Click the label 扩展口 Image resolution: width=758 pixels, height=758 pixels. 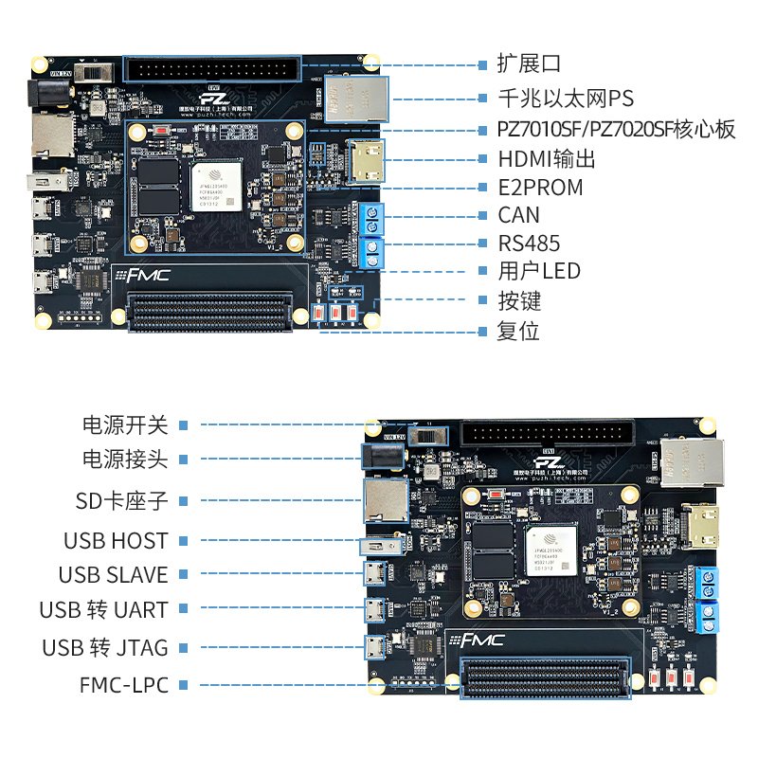(x=530, y=64)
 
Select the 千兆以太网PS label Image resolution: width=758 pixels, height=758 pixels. (x=566, y=98)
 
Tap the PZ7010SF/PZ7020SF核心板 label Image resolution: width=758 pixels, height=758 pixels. (x=617, y=130)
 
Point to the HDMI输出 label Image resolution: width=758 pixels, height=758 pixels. (x=547, y=158)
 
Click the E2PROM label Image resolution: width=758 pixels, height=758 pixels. (x=540, y=187)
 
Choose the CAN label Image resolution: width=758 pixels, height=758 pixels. (x=518, y=215)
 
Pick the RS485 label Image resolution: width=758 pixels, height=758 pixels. (x=529, y=244)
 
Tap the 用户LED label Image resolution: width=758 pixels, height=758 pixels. (x=538, y=272)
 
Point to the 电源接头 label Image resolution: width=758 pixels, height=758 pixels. (x=125, y=460)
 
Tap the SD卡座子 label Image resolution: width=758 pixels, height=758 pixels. (x=121, y=500)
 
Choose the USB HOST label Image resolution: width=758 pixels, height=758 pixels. (x=116, y=541)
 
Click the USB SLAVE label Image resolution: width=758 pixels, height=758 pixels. (x=113, y=575)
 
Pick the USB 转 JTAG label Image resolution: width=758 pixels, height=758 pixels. (x=105, y=648)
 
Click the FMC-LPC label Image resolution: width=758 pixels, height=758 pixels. (x=124, y=684)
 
